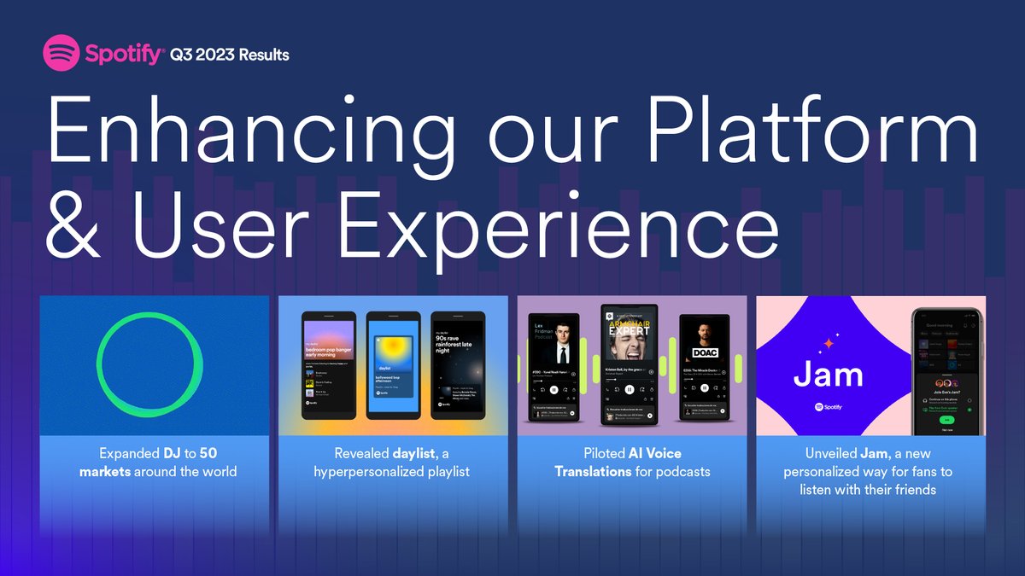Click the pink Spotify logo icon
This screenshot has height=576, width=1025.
point(61,55)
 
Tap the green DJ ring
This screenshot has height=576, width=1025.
point(150,365)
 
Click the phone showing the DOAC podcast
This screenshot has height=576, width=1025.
point(705,368)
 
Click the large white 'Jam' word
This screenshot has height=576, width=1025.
point(828,375)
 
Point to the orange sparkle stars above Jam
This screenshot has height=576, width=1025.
point(827,344)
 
